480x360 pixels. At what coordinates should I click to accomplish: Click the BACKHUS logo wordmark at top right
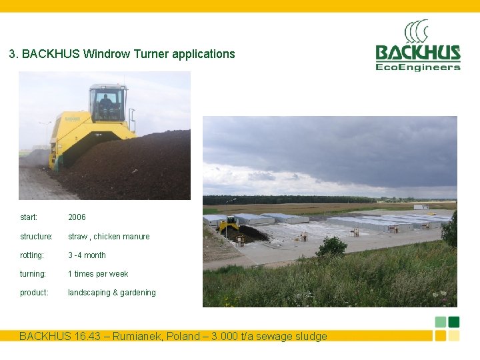click(418, 53)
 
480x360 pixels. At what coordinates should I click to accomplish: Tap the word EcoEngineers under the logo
click(418, 67)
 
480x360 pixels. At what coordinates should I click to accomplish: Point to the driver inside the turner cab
click(106, 103)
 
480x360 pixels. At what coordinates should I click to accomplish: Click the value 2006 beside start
click(77, 217)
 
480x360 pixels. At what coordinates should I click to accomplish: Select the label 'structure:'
click(36, 237)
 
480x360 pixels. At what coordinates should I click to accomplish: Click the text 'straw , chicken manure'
click(109, 237)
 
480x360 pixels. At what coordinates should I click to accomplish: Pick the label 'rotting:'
click(32, 255)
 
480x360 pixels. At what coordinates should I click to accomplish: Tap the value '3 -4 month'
click(87, 255)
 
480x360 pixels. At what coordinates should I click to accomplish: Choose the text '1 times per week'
click(98, 274)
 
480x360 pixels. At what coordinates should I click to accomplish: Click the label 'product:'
click(34, 293)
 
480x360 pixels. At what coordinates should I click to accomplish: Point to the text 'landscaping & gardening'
click(112, 293)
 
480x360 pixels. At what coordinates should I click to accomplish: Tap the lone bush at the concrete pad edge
click(331, 247)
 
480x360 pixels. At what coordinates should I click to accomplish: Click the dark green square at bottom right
click(454, 322)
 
